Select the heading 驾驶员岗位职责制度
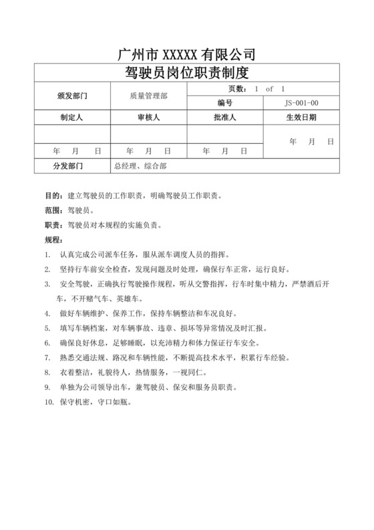[x=186, y=72]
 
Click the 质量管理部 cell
[x=148, y=95]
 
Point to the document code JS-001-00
[x=301, y=103]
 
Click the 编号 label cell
[x=225, y=103]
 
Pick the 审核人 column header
[x=148, y=117]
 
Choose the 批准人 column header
[x=225, y=117]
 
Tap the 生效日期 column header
[x=301, y=117]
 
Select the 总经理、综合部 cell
[x=140, y=165]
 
